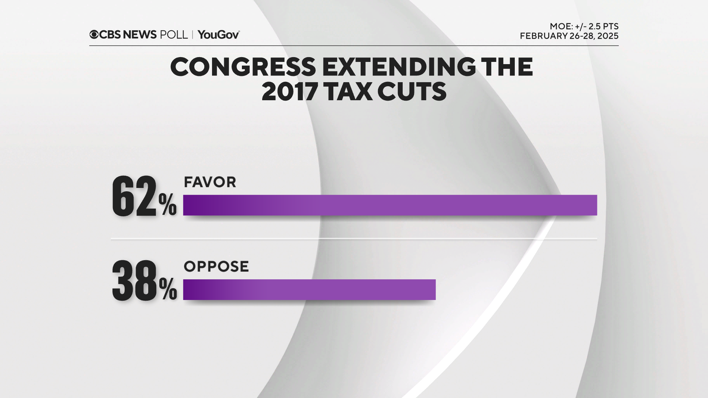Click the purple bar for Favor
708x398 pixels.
pos(390,205)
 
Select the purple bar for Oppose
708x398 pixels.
pos(309,290)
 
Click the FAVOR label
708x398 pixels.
pos(210,182)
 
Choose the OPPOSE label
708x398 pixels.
pos(216,266)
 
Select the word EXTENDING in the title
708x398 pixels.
pos(399,67)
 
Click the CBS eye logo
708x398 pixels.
pos(94,35)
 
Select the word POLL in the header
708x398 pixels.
pos(174,35)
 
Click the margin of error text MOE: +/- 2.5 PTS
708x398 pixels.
pos(584,27)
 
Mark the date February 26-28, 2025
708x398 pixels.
pos(569,36)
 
